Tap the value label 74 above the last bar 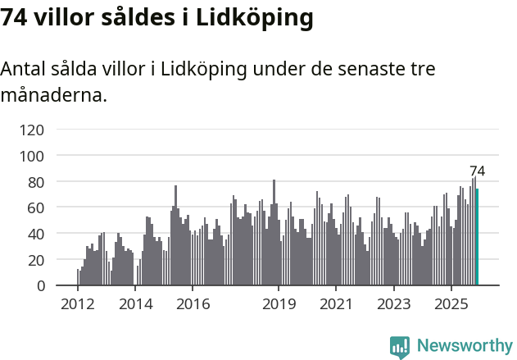[x=477, y=171]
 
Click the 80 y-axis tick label [x=34, y=182]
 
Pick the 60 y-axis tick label [x=34, y=208]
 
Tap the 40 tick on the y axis [x=34, y=234]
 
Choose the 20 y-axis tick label [x=34, y=260]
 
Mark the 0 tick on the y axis [x=39, y=286]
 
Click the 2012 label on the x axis [x=78, y=304]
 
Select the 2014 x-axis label [x=136, y=304]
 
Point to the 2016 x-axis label [x=193, y=304]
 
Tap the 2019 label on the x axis [x=279, y=304]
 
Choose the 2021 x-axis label [x=336, y=304]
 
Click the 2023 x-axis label [x=393, y=304]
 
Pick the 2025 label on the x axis [x=451, y=304]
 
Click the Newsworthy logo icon [x=400, y=347]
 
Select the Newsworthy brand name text [x=465, y=346]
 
